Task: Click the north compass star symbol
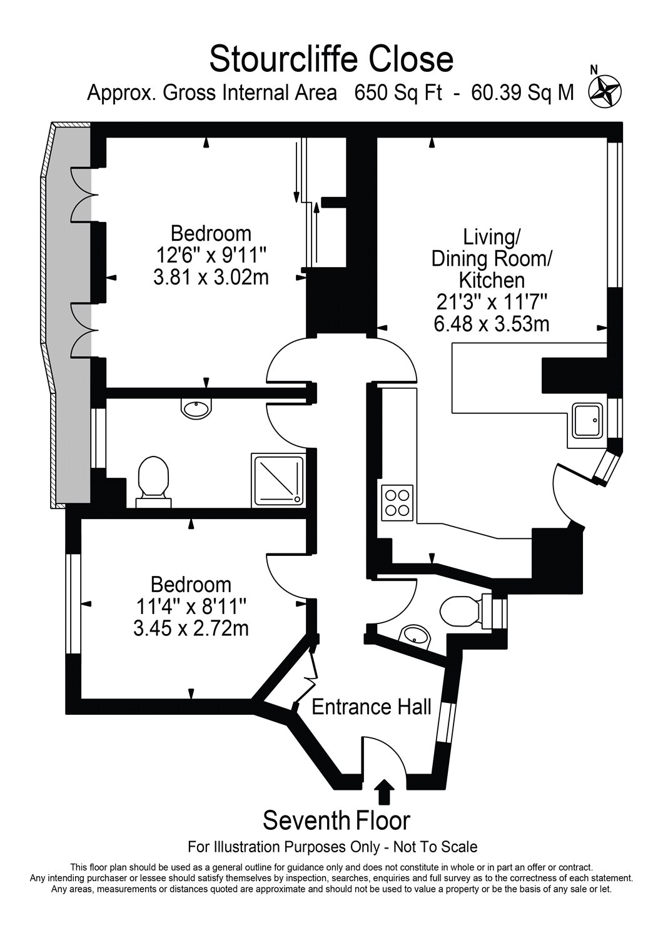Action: [605, 91]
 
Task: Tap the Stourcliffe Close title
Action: [331, 59]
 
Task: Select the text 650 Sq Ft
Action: [398, 93]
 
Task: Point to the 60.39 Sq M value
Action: [522, 93]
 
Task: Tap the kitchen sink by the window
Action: [587, 420]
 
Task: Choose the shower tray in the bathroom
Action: [277, 480]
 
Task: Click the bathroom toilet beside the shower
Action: [153, 482]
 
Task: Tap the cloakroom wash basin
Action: [414, 637]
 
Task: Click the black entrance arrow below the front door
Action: [385, 792]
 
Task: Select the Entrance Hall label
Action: [371, 707]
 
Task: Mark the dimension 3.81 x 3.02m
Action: [211, 277]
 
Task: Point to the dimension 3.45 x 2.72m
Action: [191, 628]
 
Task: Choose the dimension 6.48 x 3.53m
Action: [491, 324]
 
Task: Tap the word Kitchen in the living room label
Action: [492, 280]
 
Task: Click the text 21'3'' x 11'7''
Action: [492, 302]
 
